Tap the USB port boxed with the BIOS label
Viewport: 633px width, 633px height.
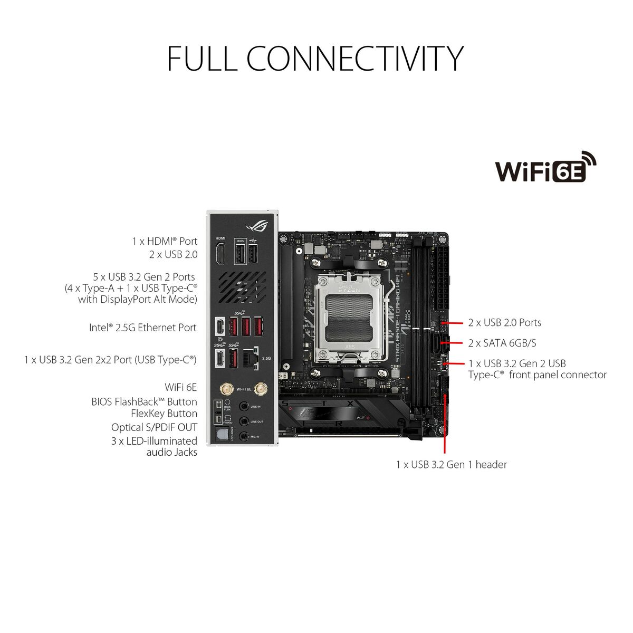click(240, 256)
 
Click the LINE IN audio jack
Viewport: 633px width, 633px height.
click(244, 407)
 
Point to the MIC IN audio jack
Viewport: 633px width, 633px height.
click(244, 436)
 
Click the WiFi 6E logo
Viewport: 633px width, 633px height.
click(545, 168)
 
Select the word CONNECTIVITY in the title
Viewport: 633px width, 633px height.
click(355, 59)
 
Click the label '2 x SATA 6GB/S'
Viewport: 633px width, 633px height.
click(502, 343)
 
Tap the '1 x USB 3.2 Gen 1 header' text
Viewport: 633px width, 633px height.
click(451, 465)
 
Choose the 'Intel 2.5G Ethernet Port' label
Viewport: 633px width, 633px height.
click(142, 328)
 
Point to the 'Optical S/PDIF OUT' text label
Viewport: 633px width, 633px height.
click(154, 427)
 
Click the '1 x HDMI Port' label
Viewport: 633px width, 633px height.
click(165, 241)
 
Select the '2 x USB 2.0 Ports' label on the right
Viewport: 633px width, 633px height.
click(504, 322)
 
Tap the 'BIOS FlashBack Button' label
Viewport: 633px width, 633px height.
click(144, 402)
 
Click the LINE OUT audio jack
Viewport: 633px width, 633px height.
click(244, 421)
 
